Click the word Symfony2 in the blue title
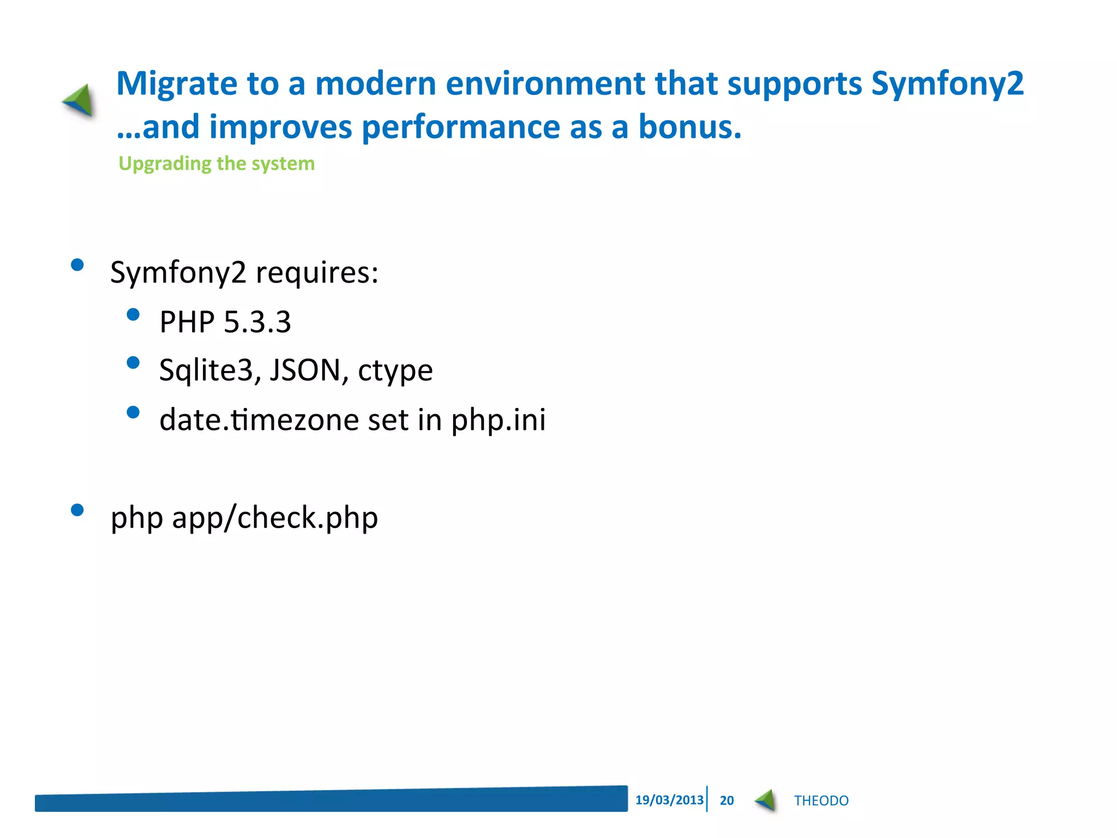(x=947, y=85)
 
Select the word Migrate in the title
(x=177, y=85)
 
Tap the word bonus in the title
(x=689, y=127)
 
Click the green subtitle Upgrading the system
(x=217, y=164)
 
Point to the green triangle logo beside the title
(x=80, y=100)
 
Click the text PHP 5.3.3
(x=225, y=322)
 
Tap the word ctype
(x=395, y=371)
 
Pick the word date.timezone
(x=260, y=420)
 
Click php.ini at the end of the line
(x=498, y=421)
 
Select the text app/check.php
(x=275, y=518)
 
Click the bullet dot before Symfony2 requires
(x=77, y=265)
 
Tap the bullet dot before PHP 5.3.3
(x=133, y=315)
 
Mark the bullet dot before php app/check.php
(x=77, y=510)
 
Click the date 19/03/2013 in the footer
(x=669, y=800)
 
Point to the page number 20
(x=726, y=800)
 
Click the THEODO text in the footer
(x=821, y=800)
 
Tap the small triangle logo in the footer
(x=766, y=800)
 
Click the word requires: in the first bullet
(x=317, y=273)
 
